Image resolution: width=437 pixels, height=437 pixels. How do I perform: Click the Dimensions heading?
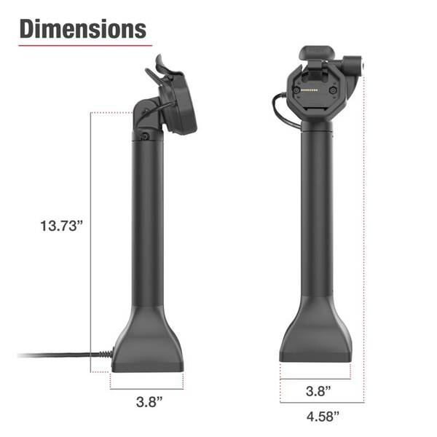[x=83, y=29]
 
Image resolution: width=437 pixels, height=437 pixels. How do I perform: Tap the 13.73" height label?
[x=62, y=226]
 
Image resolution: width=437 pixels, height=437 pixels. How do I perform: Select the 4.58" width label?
[x=323, y=417]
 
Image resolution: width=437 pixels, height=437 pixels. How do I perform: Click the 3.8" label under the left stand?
[x=149, y=401]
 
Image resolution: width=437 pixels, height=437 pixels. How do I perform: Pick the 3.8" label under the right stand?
[x=318, y=390]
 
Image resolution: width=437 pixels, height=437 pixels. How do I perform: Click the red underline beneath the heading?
[x=85, y=45]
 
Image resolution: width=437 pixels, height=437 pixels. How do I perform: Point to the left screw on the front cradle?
[x=296, y=90]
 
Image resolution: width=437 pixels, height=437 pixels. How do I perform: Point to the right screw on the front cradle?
[x=333, y=90]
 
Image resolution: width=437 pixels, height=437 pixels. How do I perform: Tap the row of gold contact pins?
[x=310, y=90]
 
